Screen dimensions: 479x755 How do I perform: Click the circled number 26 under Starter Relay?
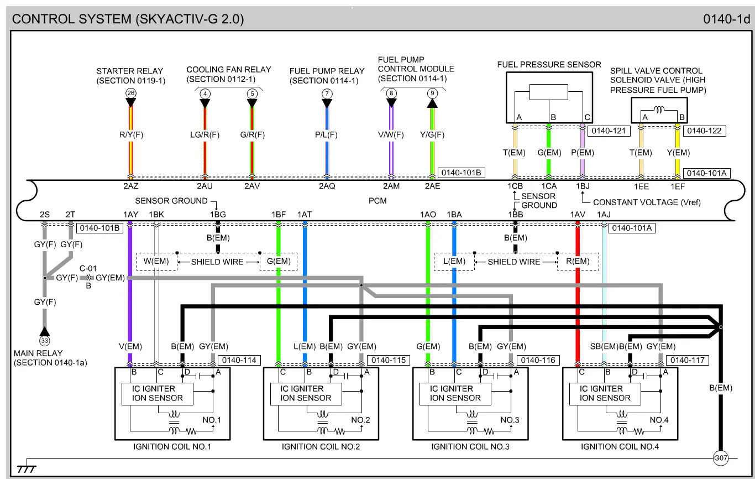[x=130, y=93]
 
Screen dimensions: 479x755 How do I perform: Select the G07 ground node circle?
[x=720, y=458]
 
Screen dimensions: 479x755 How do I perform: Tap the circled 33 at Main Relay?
[x=45, y=341]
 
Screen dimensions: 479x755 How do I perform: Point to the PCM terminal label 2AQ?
[x=327, y=186]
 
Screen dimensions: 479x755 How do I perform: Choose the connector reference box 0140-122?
[x=704, y=131]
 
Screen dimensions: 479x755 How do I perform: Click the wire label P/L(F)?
[x=327, y=134]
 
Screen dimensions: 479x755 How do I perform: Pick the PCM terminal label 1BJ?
[x=583, y=186]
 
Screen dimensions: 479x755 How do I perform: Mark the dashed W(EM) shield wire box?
[x=157, y=262]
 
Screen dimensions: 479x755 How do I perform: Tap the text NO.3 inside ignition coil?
[x=510, y=420]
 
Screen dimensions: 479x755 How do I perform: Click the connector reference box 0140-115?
[x=389, y=360]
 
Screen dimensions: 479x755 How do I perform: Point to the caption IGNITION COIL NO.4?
[x=620, y=446]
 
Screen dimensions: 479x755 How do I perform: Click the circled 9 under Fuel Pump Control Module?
[x=432, y=93]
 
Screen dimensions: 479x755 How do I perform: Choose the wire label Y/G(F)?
[x=432, y=134]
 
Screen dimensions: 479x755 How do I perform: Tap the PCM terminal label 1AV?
[x=578, y=214]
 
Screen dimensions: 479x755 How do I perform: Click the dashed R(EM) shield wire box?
[x=578, y=262]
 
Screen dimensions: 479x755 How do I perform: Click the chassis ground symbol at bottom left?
[x=25, y=469]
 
